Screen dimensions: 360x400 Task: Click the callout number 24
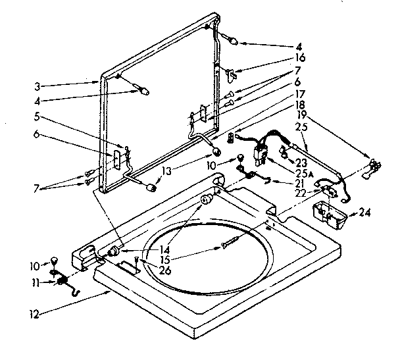point(364,213)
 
